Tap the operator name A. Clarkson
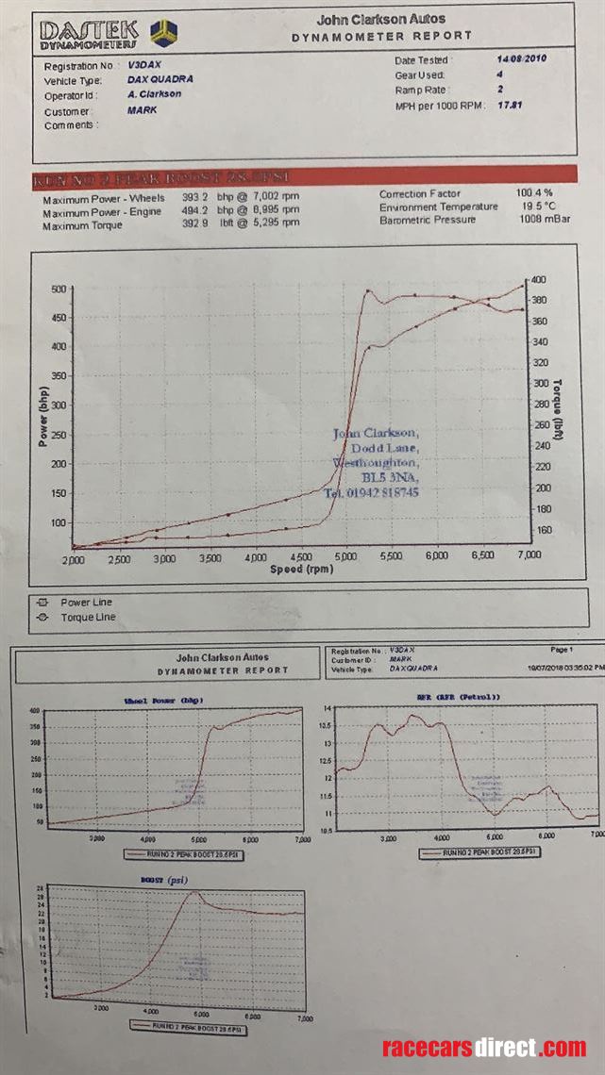(154, 94)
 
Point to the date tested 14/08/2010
(522, 58)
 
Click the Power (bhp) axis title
(43, 416)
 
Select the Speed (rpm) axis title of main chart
(301, 570)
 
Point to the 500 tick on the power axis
(59, 289)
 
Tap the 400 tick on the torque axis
(539, 280)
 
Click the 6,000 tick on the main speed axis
(436, 557)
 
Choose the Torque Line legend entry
(88, 618)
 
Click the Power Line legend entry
(86, 603)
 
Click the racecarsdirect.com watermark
(483, 1048)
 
